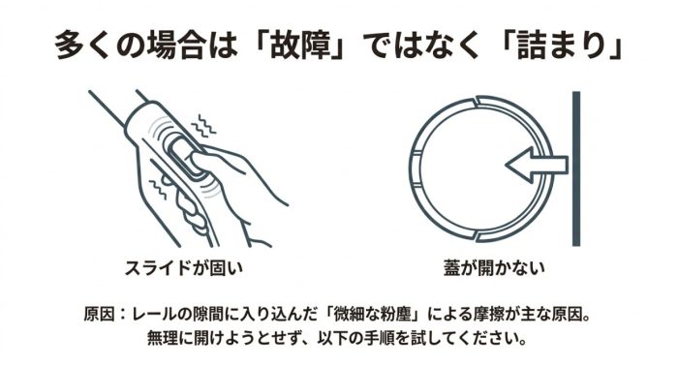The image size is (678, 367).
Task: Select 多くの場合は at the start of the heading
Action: [x=146, y=45]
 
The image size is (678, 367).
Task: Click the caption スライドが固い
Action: [x=183, y=268]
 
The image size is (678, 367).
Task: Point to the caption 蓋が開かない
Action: [x=494, y=268]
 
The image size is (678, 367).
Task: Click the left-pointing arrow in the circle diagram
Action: [x=537, y=165]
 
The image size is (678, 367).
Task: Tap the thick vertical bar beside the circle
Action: [x=576, y=168]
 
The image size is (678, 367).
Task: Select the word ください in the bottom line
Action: [x=488, y=338]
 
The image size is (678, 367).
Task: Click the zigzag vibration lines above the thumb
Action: [x=203, y=126]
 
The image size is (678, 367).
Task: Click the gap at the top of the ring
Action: [x=477, y=101]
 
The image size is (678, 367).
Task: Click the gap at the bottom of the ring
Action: [x=477, y=236]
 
